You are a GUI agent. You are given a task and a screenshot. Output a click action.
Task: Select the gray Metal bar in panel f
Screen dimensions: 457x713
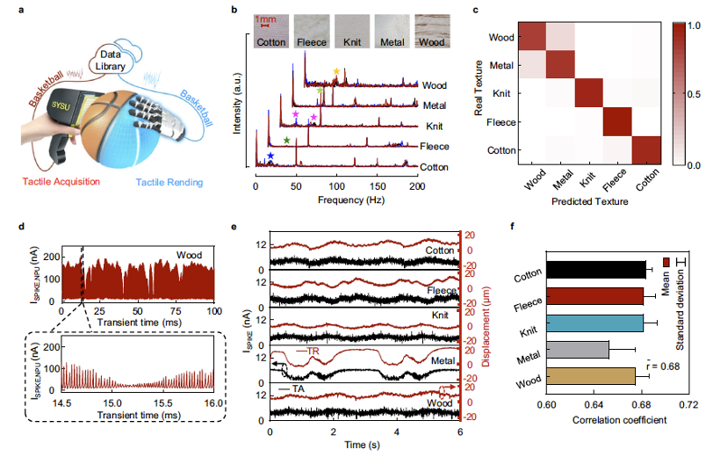tap(577, 350)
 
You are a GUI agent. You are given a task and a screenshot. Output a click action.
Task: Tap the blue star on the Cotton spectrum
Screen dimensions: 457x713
tap(270, 156)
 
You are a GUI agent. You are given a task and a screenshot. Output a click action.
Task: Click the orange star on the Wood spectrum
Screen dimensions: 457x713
tap(335, 72)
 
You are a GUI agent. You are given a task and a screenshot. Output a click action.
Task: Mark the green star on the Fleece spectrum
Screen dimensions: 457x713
tap(287, 140)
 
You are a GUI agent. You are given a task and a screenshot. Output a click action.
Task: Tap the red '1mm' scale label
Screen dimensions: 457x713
tap(265, 18)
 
